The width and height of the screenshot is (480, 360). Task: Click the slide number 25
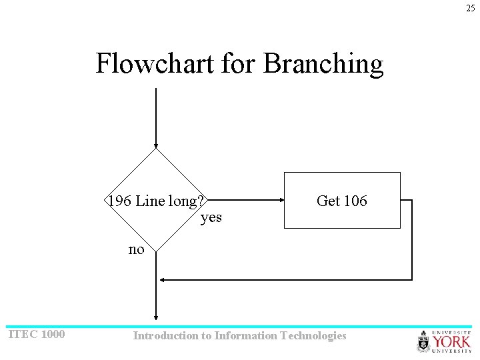[471, 8]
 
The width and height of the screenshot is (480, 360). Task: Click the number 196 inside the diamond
[120, 201]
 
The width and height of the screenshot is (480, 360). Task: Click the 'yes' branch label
[211, 217]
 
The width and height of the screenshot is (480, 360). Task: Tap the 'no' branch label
[136, 249]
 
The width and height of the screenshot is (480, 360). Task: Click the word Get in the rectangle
[328, 201]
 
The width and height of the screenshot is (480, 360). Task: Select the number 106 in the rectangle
[355, 201]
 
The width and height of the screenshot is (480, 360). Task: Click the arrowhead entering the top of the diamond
[156, 144]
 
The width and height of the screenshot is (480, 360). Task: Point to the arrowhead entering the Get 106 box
[280, 200]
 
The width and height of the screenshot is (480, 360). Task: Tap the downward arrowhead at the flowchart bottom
[156, 317]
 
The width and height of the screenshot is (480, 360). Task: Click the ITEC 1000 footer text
[37, 334]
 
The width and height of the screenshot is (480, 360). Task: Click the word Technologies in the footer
[314, 335]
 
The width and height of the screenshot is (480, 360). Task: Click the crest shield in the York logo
[424, 342]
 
